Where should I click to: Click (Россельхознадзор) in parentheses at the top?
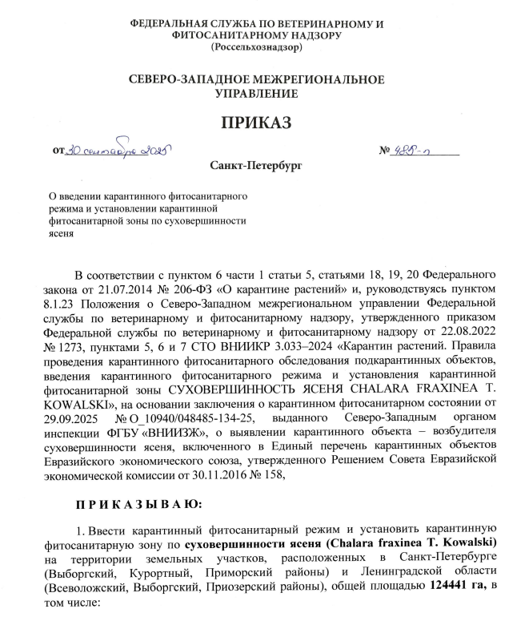click(x=256, y=47)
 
